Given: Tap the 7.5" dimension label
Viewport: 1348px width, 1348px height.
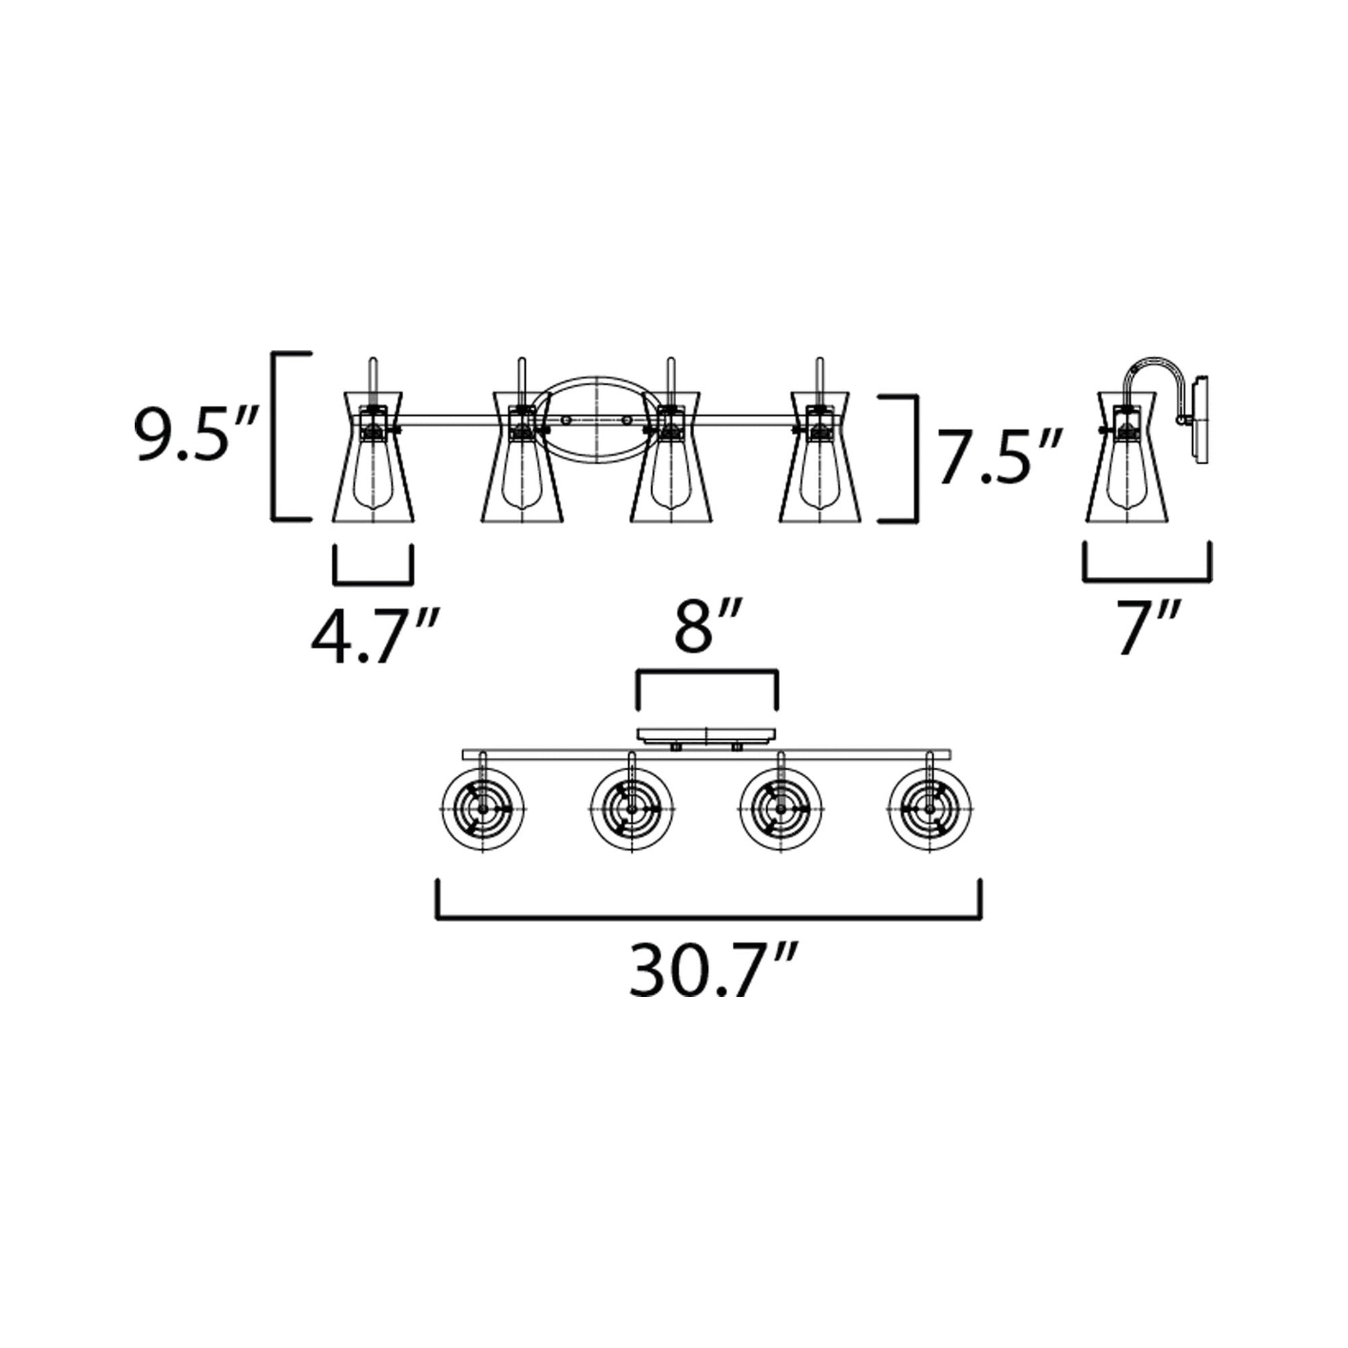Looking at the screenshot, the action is pyautogui.click(x=1000, y=457).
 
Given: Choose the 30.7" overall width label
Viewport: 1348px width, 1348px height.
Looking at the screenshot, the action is pyautogui.click(x=710, y=970).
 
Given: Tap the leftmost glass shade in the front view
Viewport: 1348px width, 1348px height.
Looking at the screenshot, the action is pyautogui.click(x=373, y=456).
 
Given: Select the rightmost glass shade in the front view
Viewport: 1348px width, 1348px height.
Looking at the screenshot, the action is pyautogui.click(x=819, y=456).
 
